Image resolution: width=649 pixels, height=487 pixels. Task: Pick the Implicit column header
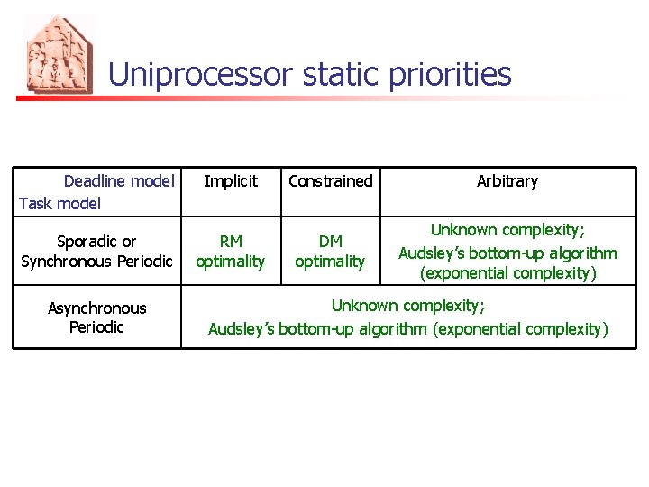click(231, 181)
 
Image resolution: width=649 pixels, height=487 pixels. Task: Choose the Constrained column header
click(330, 181)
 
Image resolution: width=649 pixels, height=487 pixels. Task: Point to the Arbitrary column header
click(507, 181)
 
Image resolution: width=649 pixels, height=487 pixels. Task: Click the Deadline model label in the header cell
click(118, 181)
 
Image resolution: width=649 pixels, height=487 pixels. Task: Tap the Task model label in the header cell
click(59, 203)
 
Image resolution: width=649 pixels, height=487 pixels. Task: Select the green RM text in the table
click(231, 242)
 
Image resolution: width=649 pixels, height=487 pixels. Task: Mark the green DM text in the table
click(330, 242)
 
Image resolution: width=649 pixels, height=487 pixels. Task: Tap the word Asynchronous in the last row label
click(96, 308)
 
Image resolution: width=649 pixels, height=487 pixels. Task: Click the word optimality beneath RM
click(231, 262)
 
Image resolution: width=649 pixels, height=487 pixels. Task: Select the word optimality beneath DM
click(330, 262)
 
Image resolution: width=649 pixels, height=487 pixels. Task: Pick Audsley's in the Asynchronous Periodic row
click(241, 329)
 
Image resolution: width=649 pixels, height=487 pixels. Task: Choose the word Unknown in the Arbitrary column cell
click(463, 231)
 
